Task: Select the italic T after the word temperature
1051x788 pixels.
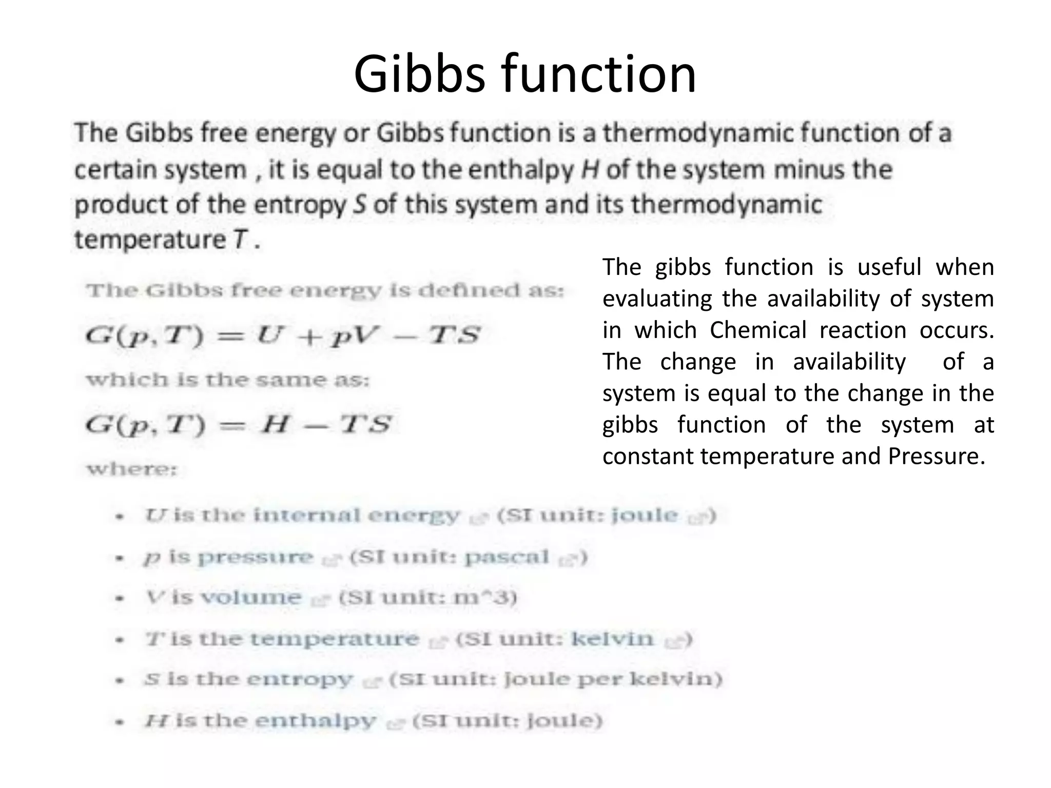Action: coord(241,239)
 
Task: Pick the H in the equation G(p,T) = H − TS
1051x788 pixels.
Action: coord(275,424)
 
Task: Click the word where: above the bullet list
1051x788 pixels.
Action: coord(132,469)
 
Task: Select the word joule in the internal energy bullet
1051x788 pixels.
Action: coord(645,515)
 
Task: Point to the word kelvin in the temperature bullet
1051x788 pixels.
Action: coord(613,639)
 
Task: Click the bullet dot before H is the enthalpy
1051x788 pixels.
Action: coord(120,722)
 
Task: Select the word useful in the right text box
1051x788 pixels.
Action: coord(889,267)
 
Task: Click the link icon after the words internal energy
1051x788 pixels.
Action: coord(478,519)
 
